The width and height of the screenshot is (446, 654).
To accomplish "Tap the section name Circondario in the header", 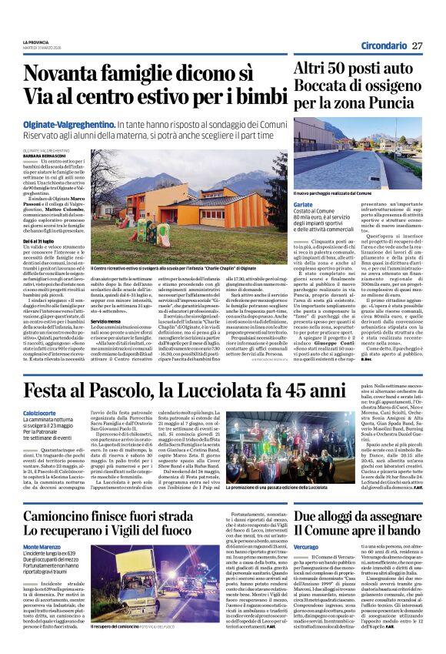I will click(383, 45).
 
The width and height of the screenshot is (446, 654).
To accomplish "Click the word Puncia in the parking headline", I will click(393, 102).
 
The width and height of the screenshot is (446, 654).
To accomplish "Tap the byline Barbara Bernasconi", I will click(45, 156).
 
